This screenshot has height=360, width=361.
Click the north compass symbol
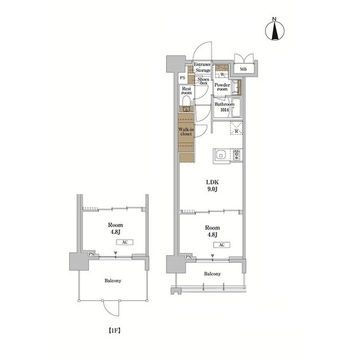[275, 31]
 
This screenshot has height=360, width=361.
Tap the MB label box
[243, 69]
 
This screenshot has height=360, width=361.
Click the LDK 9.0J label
[212, 185]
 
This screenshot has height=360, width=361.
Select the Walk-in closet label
[186, 132]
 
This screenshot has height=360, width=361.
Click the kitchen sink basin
[221, 155]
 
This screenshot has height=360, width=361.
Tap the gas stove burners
[236, 155]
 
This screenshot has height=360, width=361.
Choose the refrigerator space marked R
[236, 128]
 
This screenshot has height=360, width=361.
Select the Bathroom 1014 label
[224, 107]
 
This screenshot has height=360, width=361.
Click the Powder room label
[222, 87]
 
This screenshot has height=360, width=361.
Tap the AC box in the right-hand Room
[222, 245]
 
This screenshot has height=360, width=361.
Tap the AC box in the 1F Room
[125, 242]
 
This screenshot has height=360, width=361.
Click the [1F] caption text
[115, 331]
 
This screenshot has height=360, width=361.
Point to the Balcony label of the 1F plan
[113, 281]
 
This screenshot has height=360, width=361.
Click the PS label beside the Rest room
[183, 78]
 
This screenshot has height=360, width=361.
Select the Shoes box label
[203, 81]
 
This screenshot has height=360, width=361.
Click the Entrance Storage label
[202, 67]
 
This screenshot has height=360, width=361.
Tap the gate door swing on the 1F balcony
[111, 309]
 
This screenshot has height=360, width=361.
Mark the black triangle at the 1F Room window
[116, 253]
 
